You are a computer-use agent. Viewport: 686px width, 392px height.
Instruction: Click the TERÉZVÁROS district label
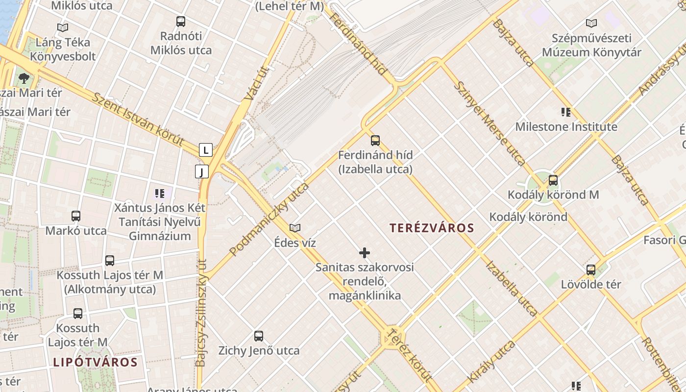(432, 228)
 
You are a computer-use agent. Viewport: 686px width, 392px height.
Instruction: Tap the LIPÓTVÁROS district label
(95, 363)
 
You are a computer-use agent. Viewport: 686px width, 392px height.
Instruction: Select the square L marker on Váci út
(206, 150)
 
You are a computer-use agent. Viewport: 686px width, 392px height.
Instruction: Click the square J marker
(202, 171)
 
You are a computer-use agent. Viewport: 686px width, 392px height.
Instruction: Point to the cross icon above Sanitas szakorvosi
(365, 253)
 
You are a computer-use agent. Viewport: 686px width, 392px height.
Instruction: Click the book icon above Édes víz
(295, 228)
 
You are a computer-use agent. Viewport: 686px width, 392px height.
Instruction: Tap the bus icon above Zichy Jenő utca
(259, 336)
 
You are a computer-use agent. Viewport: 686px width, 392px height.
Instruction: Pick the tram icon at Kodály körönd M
(553, 180)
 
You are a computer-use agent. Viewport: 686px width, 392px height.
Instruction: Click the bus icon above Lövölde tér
(591, 270)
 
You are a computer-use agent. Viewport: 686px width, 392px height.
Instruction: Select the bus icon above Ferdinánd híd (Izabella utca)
(375, 141)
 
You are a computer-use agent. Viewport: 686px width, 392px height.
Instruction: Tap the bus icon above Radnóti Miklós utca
(181, 22)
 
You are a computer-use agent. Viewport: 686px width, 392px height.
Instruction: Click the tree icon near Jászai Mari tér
(23, 77)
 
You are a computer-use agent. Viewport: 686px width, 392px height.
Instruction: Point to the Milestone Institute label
(566, 127)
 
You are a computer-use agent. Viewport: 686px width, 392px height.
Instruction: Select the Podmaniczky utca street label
(269, 219)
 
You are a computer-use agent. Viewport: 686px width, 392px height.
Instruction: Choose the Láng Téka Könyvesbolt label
(63, 49)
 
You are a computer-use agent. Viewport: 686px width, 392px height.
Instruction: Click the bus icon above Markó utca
(76, 216)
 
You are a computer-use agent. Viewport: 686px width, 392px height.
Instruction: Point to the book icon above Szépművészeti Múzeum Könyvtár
(591, 23)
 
